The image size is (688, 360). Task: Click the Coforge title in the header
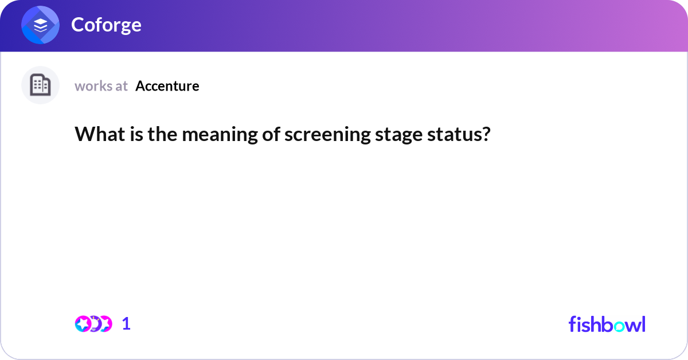106,25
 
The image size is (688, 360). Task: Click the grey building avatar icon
40,85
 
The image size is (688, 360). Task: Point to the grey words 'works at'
101,86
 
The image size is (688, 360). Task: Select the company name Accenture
167,86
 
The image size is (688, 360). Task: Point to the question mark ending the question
487,134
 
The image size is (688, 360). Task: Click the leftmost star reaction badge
83,324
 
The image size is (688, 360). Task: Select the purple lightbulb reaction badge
94,324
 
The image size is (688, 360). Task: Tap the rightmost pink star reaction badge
105,324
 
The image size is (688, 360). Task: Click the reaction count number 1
126,324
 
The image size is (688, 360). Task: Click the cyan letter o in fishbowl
616,325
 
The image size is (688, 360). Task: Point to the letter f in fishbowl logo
573,324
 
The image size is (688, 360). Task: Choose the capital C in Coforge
77,25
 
